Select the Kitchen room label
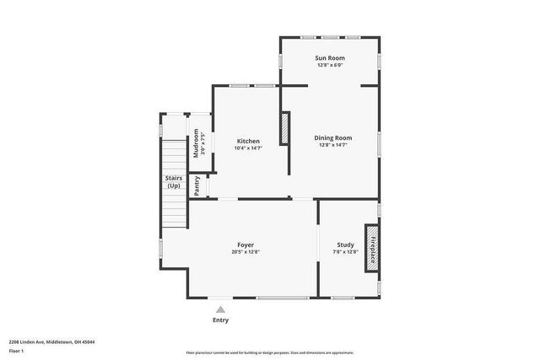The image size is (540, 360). (248, 141)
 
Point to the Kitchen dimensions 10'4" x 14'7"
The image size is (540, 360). (248, 148)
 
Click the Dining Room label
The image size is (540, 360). (332, 137)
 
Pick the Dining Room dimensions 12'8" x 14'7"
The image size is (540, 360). (332, 145)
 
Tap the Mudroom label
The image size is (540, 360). (197, 142)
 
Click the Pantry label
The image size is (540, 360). (197, 185)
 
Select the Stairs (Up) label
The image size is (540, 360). (173, 181)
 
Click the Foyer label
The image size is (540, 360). (246, 244)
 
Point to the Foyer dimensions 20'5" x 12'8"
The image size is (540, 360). (246, 252)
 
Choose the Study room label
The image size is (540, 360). (345, 244)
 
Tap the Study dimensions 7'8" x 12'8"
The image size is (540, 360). (345, 252)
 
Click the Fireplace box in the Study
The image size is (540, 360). (370, 248)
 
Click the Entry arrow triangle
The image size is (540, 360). (220, 309)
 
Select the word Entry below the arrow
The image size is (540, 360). (220, 320)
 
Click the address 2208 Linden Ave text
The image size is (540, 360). (51, 342)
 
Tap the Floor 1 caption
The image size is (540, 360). (17, 350)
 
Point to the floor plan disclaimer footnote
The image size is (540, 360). (269, 352)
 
